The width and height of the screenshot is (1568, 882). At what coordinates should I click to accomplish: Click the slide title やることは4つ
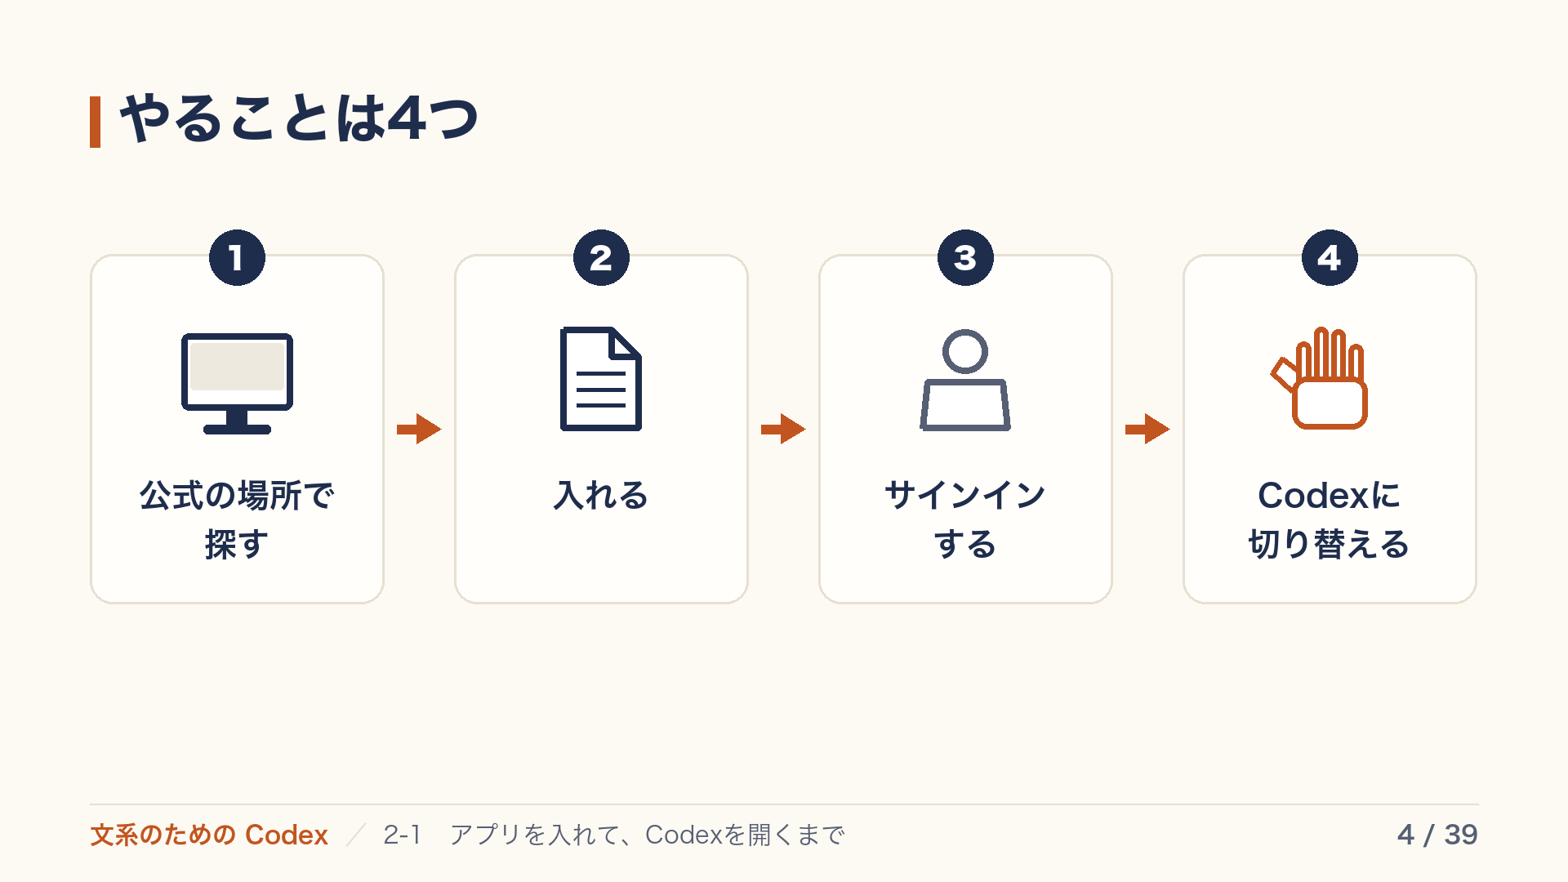coord(299,119)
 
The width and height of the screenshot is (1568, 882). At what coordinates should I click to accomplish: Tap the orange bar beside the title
coord(95,122)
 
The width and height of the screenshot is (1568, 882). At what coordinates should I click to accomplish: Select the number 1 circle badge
coord(237,258)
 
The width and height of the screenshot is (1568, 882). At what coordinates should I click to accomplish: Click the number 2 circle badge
coord(601,258)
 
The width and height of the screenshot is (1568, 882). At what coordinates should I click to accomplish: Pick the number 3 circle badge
coord(965,258)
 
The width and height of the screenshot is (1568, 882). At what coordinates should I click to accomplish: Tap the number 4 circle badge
coord(1330,258)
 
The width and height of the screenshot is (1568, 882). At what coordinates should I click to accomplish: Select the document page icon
coord(601,379)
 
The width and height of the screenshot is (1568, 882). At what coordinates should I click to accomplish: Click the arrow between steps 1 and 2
coord(419,429)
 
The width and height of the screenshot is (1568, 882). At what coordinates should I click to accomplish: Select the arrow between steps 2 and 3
coord(783,429)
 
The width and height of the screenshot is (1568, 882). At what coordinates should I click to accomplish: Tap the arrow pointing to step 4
coord(1147,429)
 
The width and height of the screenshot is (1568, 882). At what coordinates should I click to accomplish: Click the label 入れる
coord(601,495)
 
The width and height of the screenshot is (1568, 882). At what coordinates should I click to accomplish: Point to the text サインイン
coord(965,495)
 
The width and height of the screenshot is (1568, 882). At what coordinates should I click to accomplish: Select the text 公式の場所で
coord(237,495)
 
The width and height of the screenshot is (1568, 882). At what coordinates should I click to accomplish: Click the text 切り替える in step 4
coord(1330,544)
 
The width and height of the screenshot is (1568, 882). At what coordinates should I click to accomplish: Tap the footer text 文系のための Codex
coord(209,835)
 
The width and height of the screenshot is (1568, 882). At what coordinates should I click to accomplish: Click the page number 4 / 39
coord(1437,835)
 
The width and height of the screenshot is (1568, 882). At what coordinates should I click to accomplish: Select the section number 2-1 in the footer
coord(403,835)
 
